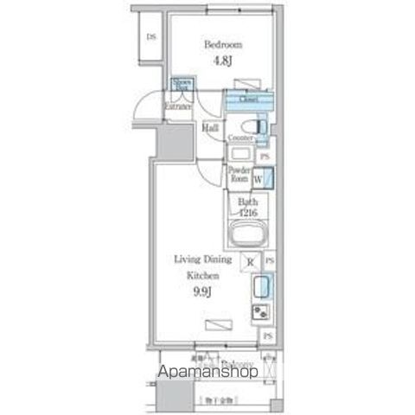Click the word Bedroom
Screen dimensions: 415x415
tap(222, 44)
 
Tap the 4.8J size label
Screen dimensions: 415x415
tap(222, 61)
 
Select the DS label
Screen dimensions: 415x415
tap(151, 37)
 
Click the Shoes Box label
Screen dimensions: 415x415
tap(182, 85)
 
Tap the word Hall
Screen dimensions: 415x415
tap(210, 128)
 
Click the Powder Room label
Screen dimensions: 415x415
tap(239, 175)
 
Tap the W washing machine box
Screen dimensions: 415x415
tap(259, 180)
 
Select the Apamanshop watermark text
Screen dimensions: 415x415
tap(207, 373)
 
